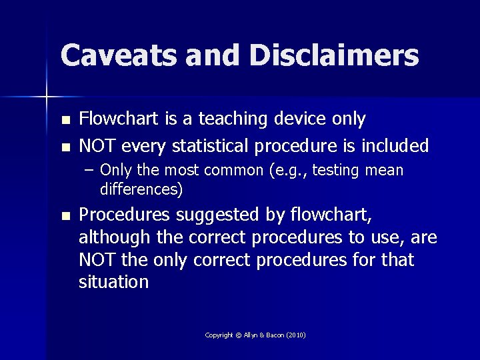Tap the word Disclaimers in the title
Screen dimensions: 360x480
coord(333,55)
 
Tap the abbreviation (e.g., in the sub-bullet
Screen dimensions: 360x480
coord(288,171)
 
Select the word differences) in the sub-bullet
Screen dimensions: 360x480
coord(141,189)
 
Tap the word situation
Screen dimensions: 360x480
coord(113,283)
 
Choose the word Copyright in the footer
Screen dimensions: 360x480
coord(219,335)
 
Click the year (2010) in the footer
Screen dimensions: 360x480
coord(296,335)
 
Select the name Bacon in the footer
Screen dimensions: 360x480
coord(274,335)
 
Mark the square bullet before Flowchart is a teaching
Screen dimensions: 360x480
coord(65,121)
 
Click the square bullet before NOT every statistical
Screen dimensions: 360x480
coord(65,147)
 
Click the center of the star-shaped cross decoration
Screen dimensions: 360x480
coord(47,97)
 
